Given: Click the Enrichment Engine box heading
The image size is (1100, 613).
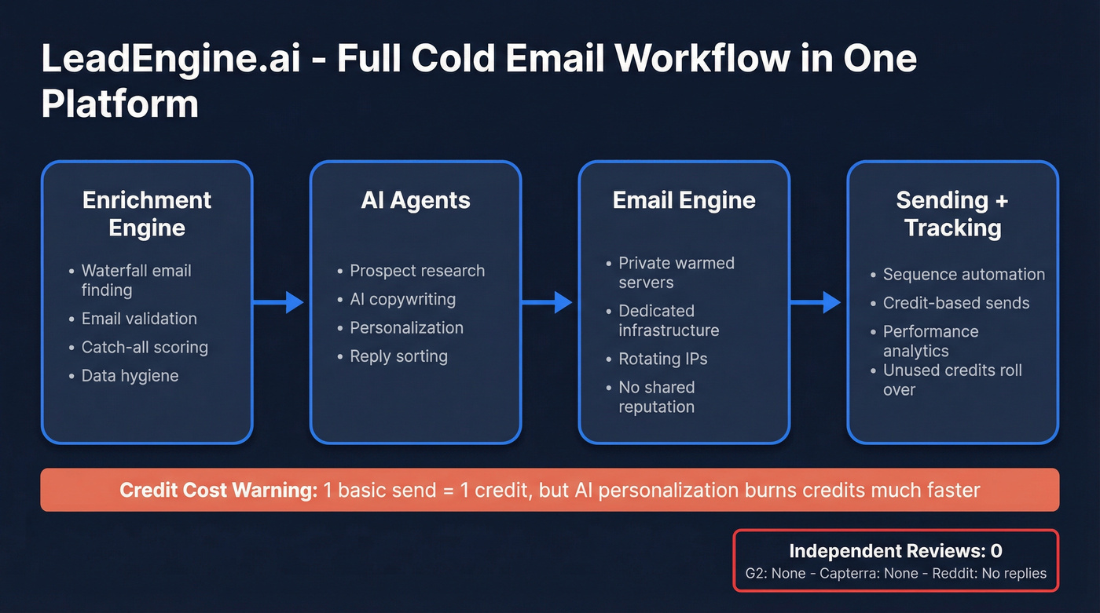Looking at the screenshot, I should click(x=147, y=213).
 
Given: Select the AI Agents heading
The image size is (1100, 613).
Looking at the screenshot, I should click(x=416, y=200).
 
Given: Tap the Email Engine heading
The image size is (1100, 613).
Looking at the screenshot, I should click(x=684, y=200).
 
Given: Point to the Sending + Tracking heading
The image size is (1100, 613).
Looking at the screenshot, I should click(x=952, y=213).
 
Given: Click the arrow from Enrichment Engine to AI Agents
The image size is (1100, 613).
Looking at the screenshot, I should click(x=280, y=301).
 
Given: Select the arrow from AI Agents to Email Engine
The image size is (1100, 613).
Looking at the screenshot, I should click(x=548, y=301).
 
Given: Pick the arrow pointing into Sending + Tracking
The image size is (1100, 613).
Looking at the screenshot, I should click(x=817, y=301).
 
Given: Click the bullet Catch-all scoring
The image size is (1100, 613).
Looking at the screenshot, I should click(x=145, y=347).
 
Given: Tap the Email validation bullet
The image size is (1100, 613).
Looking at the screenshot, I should click(x=139, y=319).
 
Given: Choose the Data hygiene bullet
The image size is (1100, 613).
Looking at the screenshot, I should click(x=130, y=375).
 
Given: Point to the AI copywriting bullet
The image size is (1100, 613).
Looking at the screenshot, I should click(x=402, y=299).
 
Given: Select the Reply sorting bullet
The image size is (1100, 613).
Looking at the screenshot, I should click(x=398, y=356).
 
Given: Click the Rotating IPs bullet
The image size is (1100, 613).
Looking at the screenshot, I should click(x=662, y=359).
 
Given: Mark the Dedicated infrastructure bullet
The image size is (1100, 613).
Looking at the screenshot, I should click(x=668, y=320).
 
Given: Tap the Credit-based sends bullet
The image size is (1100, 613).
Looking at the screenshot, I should click(x=955, y=303).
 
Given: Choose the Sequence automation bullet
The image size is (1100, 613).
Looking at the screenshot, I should click(x=963, y=275).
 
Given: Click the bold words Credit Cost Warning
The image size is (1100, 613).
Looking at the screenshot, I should click(x=218, y=491).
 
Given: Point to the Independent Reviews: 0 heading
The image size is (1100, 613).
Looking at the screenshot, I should click(x=895, y=551).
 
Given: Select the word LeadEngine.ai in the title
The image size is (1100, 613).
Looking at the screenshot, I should click(x=170, y=60).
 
